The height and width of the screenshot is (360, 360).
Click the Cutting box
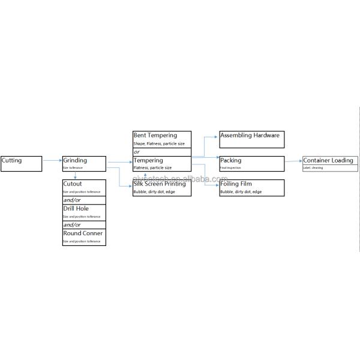click(x=22, y=163)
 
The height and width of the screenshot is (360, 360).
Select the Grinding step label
click(x=75, y=160)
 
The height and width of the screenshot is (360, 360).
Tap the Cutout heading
click(x=73, y=184)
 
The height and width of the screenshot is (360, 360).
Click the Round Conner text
click(x=83, y=233)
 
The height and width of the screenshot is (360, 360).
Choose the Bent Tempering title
click(x=155, y=136)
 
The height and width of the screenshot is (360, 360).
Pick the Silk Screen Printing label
click(x=160, y=184)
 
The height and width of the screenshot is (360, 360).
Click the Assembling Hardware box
click(x=250, y=136)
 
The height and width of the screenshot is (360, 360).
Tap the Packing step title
click(x=231, y=160)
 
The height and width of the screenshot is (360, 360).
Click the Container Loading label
click(x=328, y=160)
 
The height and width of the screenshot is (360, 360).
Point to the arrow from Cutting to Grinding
click(x=52, y=160)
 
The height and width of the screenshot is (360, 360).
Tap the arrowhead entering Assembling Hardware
click(x=217, y=136)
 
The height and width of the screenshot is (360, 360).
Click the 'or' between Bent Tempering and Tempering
click(x=137, y=152)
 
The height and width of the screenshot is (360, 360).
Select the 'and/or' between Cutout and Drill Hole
click(x=72, y=200)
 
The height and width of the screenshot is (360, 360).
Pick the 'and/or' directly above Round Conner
click(x=72, y=224)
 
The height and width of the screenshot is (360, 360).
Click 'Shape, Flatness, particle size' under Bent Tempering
click(x=159, y=144)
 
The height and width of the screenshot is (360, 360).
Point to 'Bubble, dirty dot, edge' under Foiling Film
click(x=241, y=192)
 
